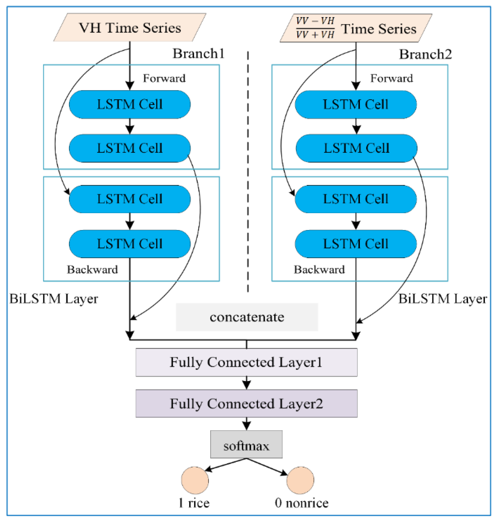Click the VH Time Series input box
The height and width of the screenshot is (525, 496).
click(130, 28)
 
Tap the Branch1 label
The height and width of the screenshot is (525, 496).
click(198, 54)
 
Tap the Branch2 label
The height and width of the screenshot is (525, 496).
click(425, 54)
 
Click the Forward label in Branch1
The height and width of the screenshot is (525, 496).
click(164, 78)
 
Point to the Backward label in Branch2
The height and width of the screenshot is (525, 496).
click(319, 269)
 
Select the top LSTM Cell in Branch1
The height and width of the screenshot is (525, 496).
click(130, 104)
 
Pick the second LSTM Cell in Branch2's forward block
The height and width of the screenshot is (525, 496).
click(356, 148)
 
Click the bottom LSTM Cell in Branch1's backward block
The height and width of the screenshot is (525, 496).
click(130, 244)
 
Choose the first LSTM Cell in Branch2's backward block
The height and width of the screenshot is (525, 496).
click(356, 199)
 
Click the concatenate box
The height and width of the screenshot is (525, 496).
click(247, 317)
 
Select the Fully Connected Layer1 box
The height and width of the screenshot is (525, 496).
click(246, 362)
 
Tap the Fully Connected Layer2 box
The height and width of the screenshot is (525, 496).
click(246, 404)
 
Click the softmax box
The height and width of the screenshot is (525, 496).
click(246, 446)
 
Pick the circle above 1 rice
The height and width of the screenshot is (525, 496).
click(195, 480)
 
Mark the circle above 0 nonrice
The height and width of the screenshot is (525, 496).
click(300, 480)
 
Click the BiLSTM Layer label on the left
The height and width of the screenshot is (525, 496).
click(54, 299)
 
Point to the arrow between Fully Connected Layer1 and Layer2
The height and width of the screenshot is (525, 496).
click(246, 383)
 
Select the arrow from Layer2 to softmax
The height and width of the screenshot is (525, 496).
click(246, 424)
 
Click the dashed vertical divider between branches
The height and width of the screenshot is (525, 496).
click(248, 172)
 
